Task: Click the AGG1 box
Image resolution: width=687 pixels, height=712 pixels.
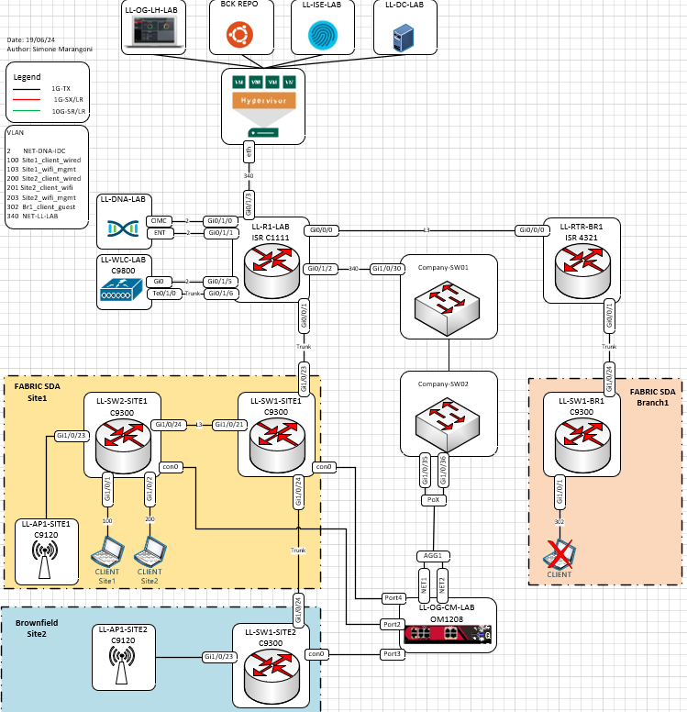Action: pyautogui.click(x=432, y=556)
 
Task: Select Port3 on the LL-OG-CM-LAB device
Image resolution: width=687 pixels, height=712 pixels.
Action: pyautogui.click(x=393, y=653)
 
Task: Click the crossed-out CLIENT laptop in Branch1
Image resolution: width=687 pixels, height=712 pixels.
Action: pyautogui.click(x=559, y=554)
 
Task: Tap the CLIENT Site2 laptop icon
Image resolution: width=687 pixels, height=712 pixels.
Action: pyautogui.click(x=150, y=553)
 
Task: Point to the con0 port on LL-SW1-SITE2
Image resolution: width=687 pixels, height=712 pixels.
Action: pyautogui.click(x=316, y=654)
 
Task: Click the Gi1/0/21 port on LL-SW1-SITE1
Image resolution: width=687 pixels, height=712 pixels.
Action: pyautogui.click(x=230, y=424)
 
